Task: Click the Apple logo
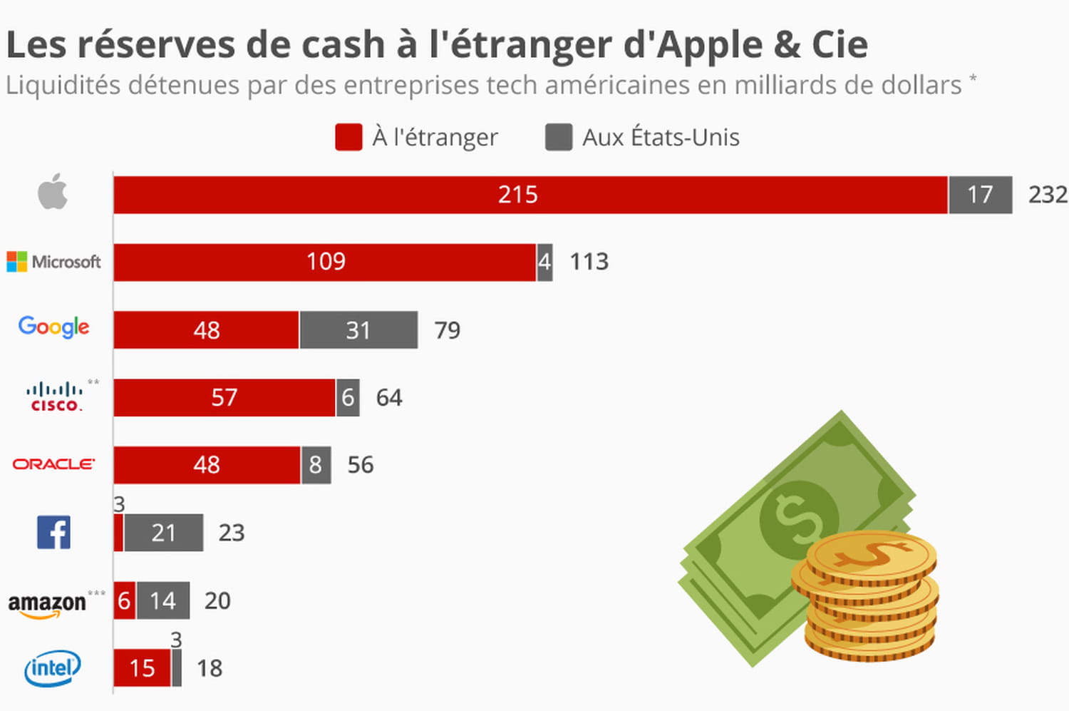[x=53, y=192]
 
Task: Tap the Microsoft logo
[x=54, y=262]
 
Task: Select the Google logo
[x=54, y=327]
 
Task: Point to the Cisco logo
[x=56, y=397]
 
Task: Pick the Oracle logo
[x=53, y=464]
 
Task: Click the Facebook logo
[x=53, y=532]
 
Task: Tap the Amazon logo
[x=48, y=603]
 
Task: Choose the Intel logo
[x=53, y=668]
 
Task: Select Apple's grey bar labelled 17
[x=980, y=195]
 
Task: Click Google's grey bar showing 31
[x=358, y=329]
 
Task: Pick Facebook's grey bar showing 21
[x=163, y=533]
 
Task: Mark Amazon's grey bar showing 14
[x=162, y=600]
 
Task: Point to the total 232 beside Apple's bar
[x=1048, y=195]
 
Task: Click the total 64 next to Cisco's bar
[x=389, y=397]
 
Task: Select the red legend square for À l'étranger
[x=348, y=137]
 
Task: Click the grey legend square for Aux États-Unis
[x=559, y=137]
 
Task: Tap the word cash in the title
[x=344, y=45]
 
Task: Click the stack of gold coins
[x=868, y=595]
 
